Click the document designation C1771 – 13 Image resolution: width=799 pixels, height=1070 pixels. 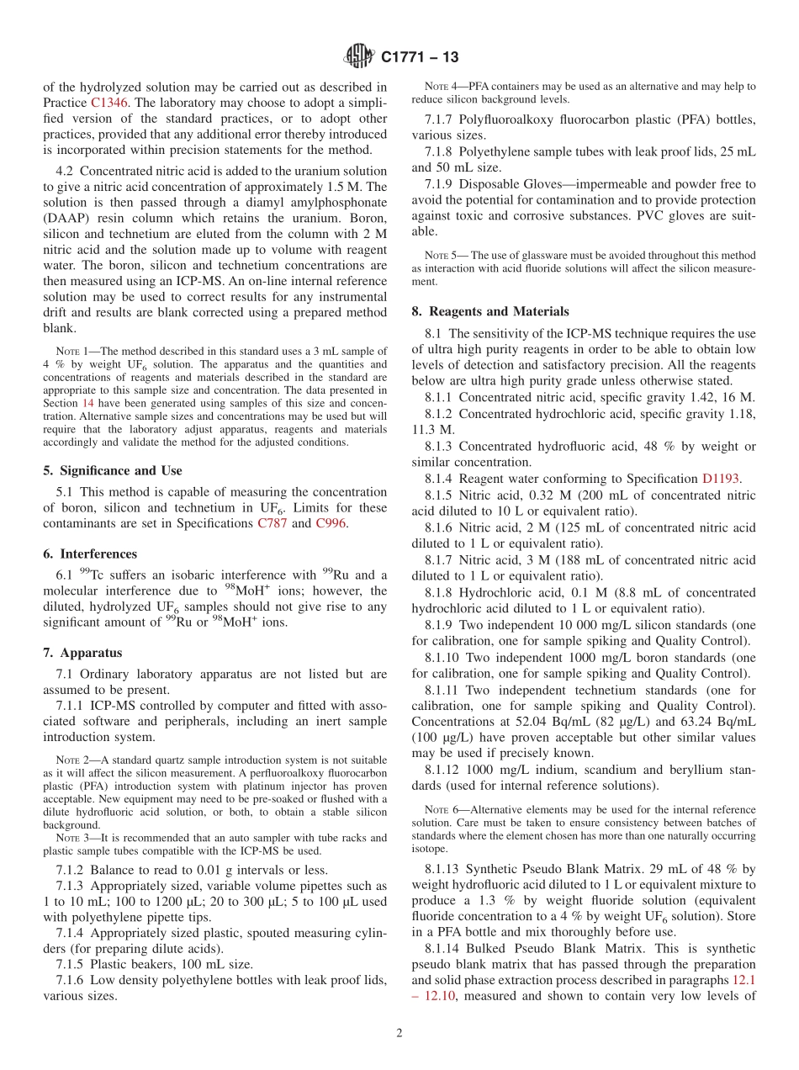pyautogui.click(x=420, y=58)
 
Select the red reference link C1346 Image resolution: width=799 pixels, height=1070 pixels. pyautogui.click(x=108, y=102)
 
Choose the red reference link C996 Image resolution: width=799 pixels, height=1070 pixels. pyautogui.click(x=330, y=524)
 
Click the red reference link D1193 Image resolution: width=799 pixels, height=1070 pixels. pyautogui.click(x=721, y=479)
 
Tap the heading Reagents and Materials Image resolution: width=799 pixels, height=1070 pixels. pyautogui.click(x=489, y=311)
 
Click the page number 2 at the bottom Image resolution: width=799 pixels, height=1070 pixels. pyautogui.click(x=399, y=1033)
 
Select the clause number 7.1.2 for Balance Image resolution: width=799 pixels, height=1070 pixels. pyautogui.click(x=71, y=870)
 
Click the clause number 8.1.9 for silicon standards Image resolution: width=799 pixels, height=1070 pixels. pyautogui.click(x=440, y=625)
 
